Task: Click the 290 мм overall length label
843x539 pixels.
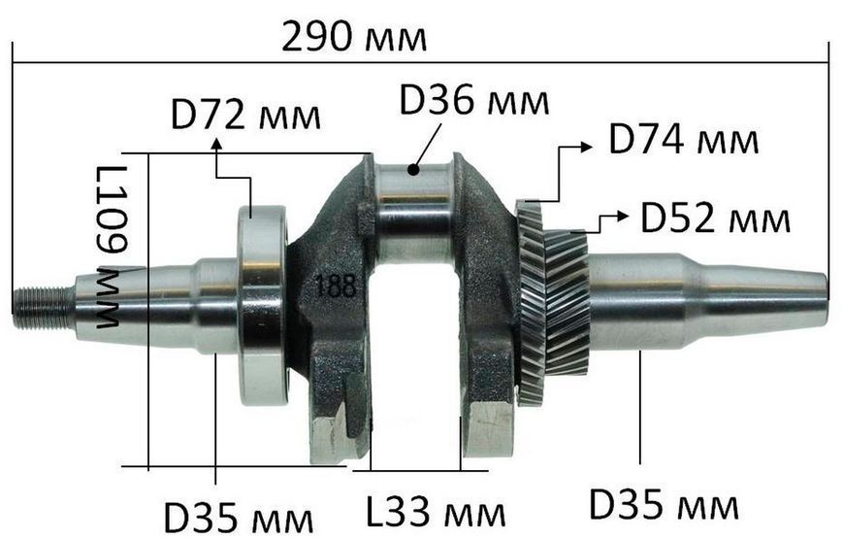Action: [354, 37]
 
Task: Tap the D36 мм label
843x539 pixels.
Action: [474, 100]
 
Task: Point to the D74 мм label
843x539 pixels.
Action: [683, 140]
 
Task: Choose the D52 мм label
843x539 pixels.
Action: [715, 218]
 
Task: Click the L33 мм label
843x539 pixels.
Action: [436, 512]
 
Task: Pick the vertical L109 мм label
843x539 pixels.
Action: [111, 247]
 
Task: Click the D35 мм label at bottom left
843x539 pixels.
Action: [239, 518]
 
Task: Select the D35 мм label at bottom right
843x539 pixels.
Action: [664, 505]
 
